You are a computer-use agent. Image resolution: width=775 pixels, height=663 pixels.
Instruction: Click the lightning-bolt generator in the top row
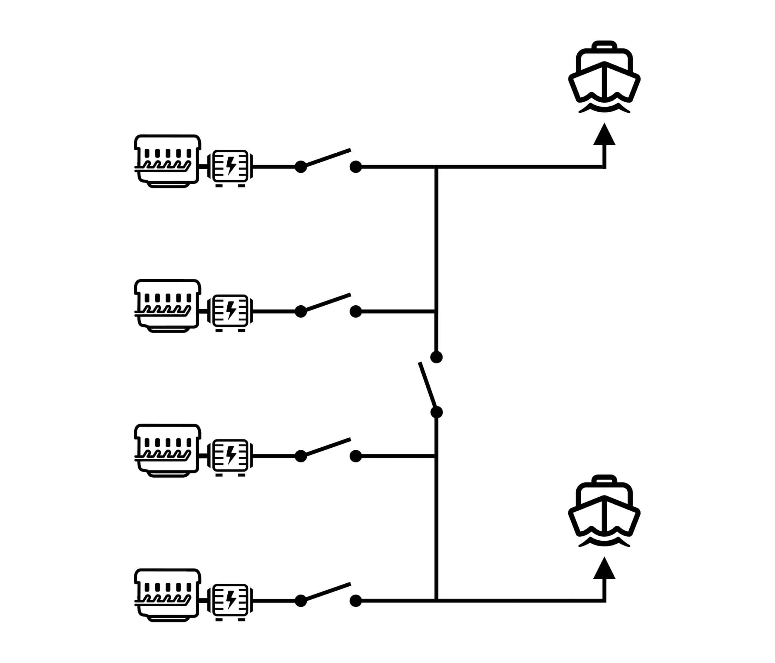(230, 167)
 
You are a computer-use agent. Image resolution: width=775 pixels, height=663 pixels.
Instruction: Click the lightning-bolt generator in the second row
(230, 311)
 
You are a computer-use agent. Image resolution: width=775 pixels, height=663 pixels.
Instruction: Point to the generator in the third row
(230, 456)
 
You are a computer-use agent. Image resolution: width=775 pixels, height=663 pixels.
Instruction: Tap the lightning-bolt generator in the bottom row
(230, 601)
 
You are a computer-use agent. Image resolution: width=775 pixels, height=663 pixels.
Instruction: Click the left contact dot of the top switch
(301, 167)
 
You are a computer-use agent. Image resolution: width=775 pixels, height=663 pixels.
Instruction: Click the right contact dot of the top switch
(356, 167)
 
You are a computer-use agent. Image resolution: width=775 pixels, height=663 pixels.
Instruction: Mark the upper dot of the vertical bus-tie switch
(437, 357)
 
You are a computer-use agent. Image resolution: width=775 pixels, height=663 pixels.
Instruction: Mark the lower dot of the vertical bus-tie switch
(437, 412)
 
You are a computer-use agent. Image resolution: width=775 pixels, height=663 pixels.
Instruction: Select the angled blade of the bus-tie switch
(427, 385)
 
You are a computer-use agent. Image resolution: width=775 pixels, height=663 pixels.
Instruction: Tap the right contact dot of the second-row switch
(356, 311)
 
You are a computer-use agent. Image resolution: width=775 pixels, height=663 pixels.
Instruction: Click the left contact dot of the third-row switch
(301, 456)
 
